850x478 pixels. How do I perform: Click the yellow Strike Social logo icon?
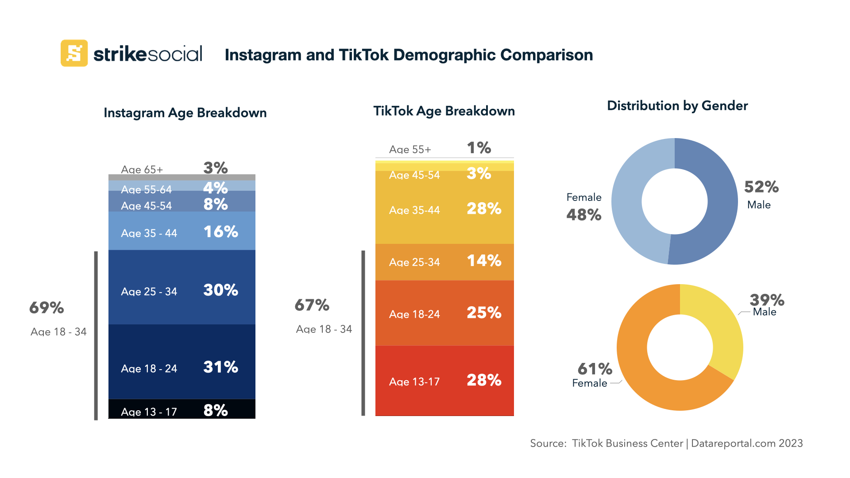coord(74,53)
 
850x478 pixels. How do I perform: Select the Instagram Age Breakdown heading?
coord(185,113)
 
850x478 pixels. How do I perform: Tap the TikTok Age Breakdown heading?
coord(444,111)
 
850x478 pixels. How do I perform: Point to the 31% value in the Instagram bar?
coord(220,367)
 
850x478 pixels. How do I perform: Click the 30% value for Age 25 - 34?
coord(220,290)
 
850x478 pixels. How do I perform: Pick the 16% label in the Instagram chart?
coord(220,232)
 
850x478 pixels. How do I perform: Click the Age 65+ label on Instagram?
coord(142,170)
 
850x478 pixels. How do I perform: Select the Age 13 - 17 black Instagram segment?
coord(182,409)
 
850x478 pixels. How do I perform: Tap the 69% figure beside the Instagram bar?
coord(46,308)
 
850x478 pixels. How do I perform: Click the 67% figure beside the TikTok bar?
coord(312,305)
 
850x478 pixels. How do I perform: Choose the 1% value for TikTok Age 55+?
coord(479,148)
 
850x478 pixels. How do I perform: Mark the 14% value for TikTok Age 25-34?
coord(484,261)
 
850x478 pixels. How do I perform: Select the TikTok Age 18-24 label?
coord(414,314)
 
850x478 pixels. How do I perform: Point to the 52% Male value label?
coord(761,187)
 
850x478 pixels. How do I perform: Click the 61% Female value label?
coord(595,369)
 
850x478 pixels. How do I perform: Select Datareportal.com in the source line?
coord(733,443)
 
